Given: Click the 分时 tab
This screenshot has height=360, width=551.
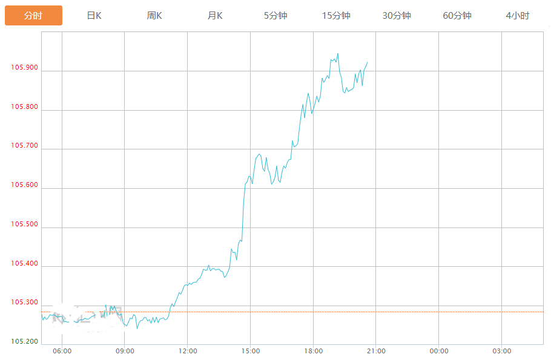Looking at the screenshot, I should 33,16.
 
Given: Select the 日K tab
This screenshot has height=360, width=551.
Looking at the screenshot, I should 94,16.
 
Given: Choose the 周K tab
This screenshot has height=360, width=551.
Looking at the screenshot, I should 154,16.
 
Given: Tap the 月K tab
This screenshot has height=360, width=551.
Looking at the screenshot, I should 215,16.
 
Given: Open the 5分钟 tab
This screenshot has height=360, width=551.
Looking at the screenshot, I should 275,16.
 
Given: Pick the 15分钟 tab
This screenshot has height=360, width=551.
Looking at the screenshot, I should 336,16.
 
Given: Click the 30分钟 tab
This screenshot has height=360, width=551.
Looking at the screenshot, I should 397,16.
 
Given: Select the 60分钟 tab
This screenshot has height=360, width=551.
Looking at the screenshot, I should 457,16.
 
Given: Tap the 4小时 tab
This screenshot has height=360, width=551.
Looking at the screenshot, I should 518,16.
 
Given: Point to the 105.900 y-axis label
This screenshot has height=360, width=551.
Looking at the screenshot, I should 24,68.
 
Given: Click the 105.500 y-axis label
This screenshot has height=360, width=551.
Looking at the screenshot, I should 24,224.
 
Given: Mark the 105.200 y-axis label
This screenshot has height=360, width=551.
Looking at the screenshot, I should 24,342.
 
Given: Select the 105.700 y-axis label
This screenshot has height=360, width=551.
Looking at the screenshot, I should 24,146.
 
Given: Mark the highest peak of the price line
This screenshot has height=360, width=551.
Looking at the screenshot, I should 338,53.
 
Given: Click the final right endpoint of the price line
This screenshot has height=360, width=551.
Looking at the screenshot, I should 368,62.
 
